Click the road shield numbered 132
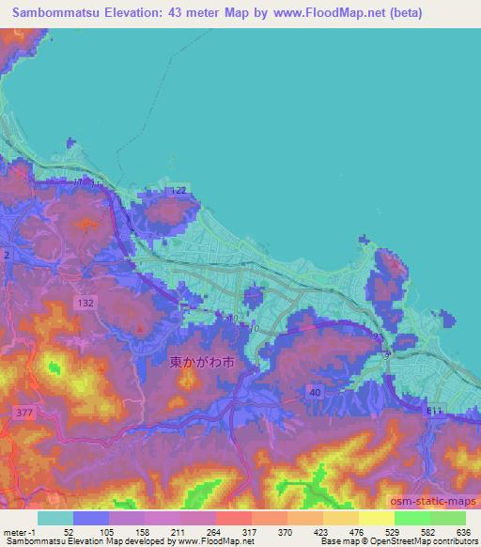85,303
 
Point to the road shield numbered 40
314,392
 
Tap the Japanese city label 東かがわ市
200,360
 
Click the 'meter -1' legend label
18,531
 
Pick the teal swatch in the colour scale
55,518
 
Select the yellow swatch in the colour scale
377,518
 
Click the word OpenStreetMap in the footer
399,542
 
